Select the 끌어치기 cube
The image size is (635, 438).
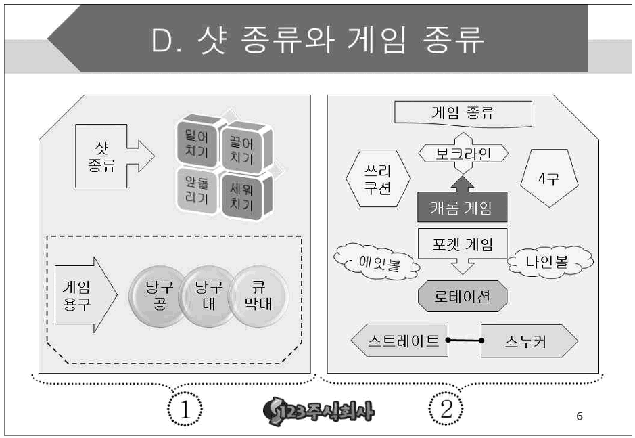coord(241,150)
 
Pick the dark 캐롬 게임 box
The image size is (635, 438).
coord(462,209)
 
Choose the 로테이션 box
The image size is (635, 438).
coord(463,297)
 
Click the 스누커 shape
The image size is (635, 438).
coord(530,341)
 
